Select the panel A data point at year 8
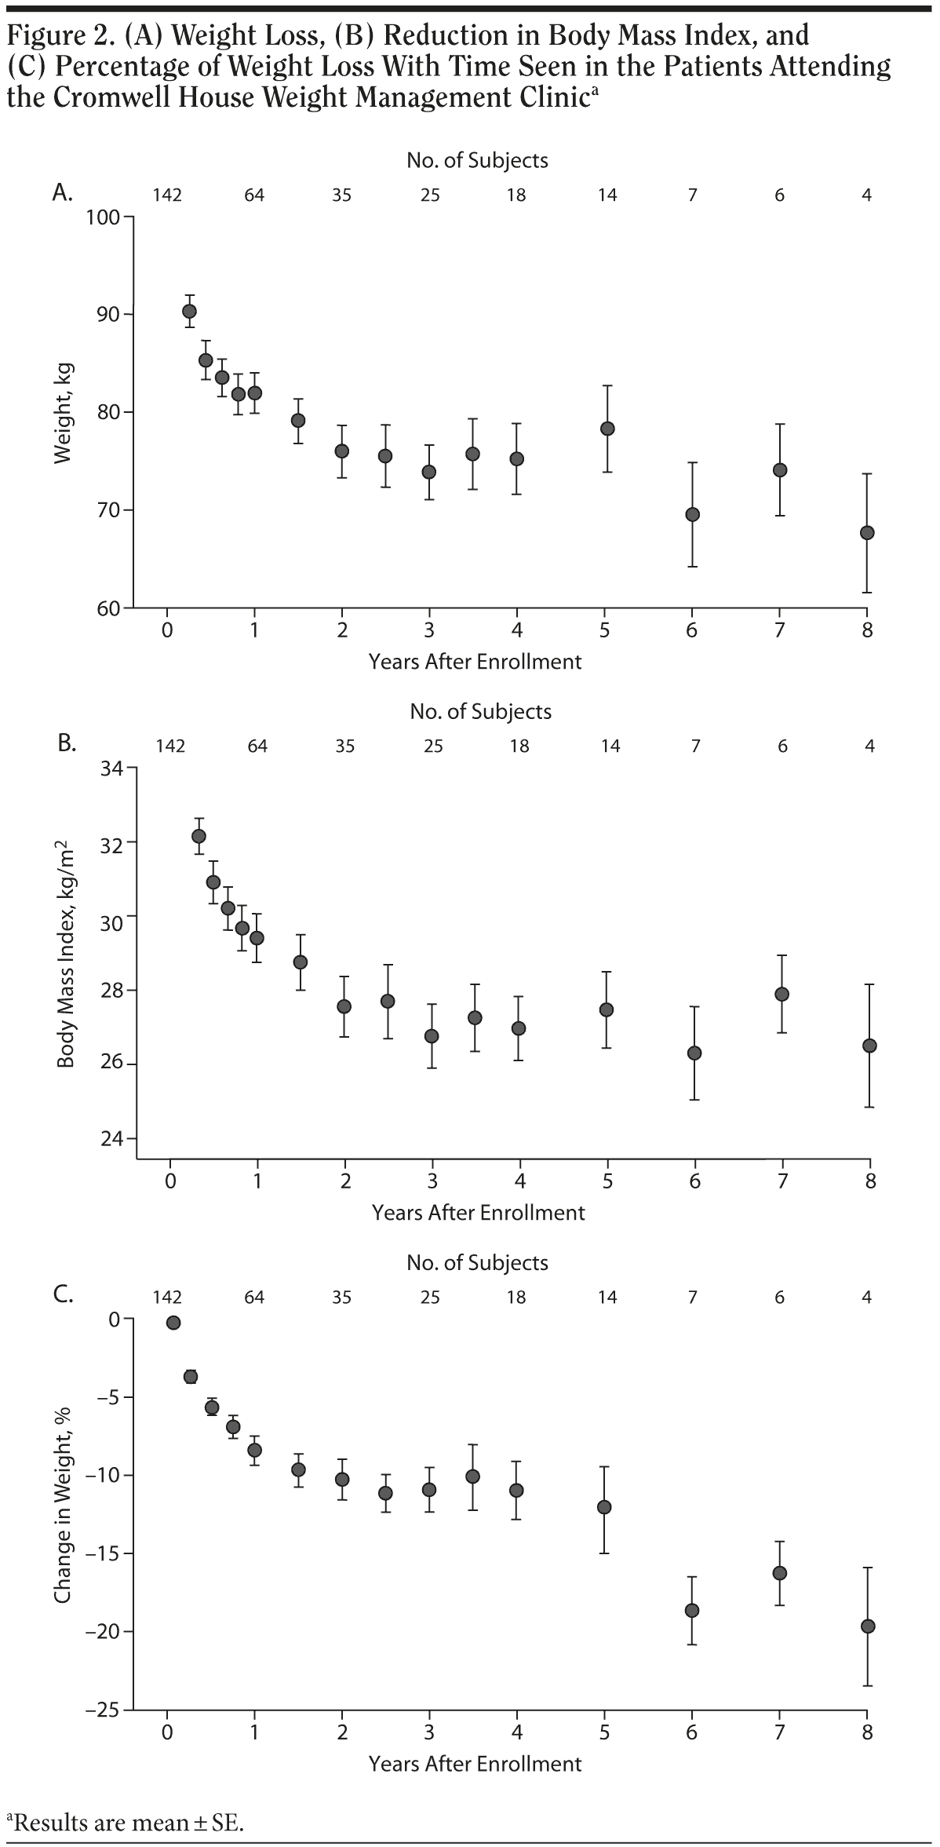point(867,532)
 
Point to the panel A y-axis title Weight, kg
point(64,413)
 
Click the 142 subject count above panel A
point(167,195)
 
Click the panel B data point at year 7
point(782,994)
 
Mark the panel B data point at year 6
point(694,1053)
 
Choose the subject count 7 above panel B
point(695,746)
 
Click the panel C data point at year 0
point(173,1323)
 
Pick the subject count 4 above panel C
point(867,1297)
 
